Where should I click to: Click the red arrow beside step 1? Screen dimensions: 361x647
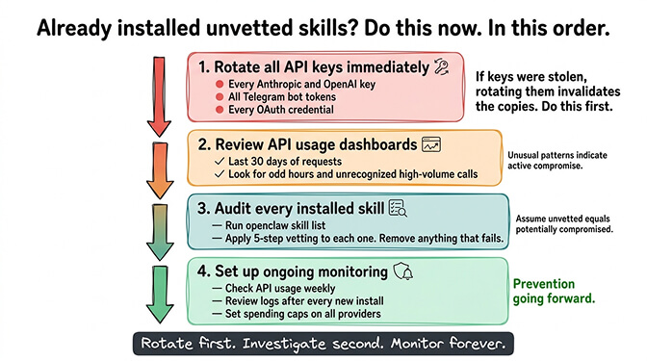point(159,96)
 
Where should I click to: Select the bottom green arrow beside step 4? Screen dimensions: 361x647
point(159,295)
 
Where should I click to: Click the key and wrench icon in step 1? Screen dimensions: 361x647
point(443,67)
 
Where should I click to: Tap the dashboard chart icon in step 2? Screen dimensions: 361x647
point(430,144)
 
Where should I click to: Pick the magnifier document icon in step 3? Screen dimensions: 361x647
point(398,207)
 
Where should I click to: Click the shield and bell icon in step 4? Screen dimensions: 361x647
point(403,272)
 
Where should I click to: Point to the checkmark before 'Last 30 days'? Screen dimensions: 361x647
point(220,161)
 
